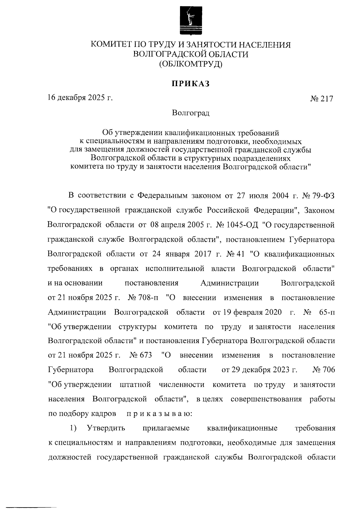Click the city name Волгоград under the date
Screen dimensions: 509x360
tap(190, 113)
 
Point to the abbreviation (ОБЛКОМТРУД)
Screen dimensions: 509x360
tap(190, 64)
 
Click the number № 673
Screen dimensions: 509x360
tap(141, 355)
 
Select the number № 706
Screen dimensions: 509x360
tap(324, 370)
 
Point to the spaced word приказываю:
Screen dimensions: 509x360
tap(157, 414)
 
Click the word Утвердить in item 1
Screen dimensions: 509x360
tap(106, 428)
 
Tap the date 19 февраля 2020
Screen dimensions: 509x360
tap(247, 312)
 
